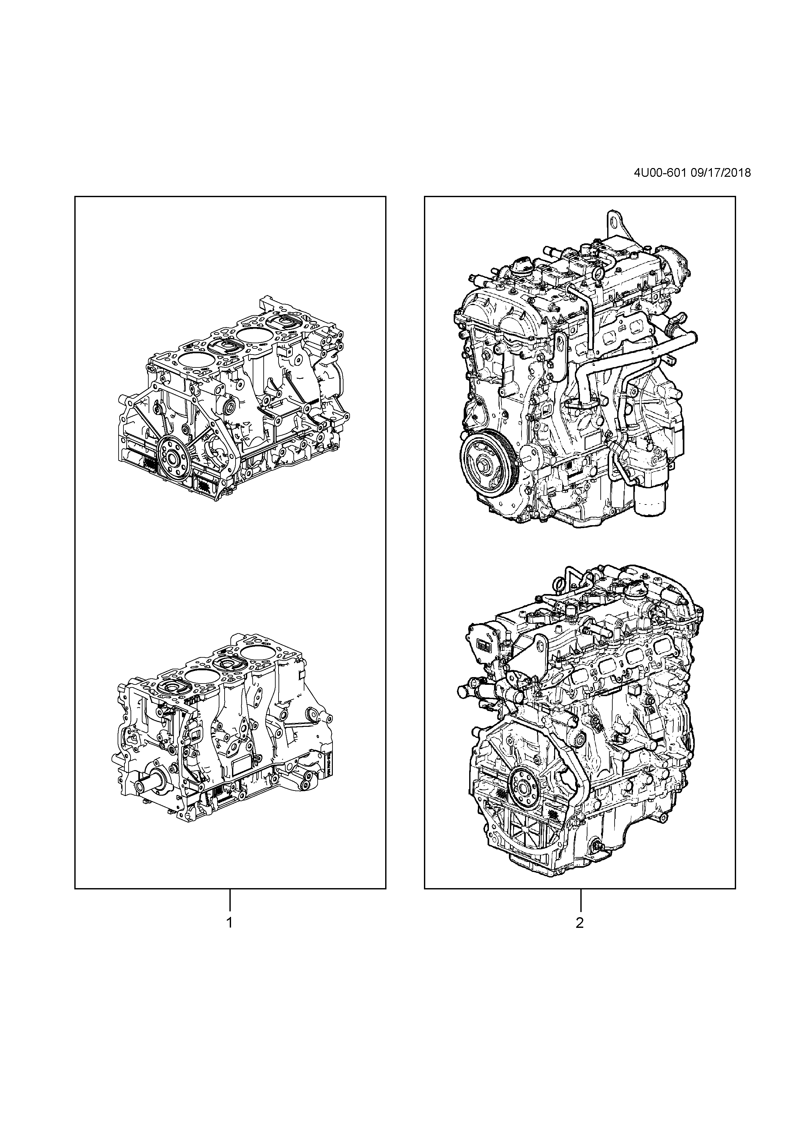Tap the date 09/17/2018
[719, 173]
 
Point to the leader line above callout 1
[229, 900]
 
